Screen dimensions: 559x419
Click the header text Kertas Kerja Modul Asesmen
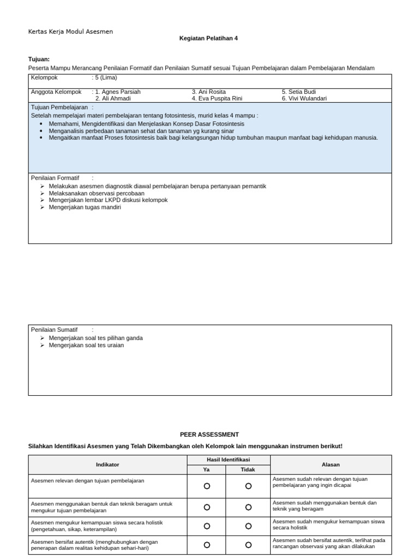(70, 32)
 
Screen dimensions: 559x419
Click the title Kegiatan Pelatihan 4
(208, 38)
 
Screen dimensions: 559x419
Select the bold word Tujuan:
(39, 59)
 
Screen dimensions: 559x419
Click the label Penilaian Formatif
(55, 178)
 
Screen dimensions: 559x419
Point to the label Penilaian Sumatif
(54, 330)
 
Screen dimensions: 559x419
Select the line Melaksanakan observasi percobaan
(97, 193)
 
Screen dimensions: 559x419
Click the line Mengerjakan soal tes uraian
(86, 345)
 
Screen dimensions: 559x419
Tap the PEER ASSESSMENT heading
(209, 435)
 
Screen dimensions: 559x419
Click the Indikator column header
(107, 465)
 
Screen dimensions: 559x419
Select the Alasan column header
(331, 465)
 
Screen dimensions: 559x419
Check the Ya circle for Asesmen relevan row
(207, 486)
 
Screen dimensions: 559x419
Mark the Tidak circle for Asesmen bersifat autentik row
(248, 545)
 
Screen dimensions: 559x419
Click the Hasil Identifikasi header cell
(228, 460)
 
